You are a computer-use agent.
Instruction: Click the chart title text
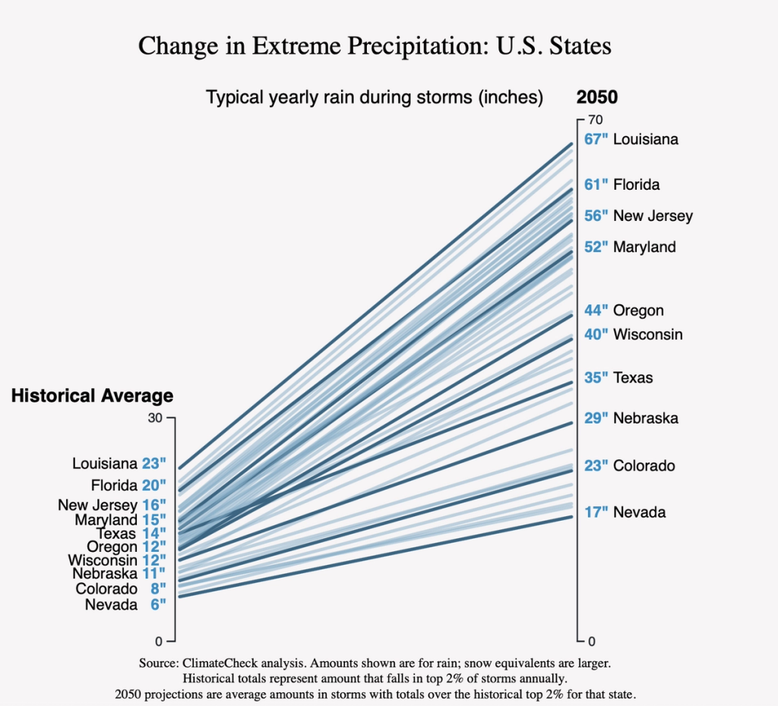tap(375, 46)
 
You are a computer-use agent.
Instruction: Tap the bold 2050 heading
tap(597, 97)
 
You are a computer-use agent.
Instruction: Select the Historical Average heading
tap(92, 396)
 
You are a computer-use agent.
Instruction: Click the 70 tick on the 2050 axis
tap(595, 119)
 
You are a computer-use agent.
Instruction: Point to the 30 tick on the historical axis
tap(156, 418)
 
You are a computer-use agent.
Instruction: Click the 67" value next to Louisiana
tap(596, 140)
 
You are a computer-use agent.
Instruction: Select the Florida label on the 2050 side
tap(637, 184)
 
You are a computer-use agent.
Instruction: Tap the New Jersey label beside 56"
tap(653, 216)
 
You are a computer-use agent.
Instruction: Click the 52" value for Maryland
tap(596, 247)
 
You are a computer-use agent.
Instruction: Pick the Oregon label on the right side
tap(638, 310)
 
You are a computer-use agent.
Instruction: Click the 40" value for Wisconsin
tap(596, 334)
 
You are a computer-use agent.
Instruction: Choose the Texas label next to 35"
tap(633, 377)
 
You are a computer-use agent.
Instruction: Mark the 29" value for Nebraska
tap(596, 418)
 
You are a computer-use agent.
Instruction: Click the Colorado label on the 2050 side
tap(644, 465)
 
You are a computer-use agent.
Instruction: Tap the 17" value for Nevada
tap(596, 512)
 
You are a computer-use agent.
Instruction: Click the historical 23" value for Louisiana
tap(153, 463)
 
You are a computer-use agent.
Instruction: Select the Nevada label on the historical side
tap(111, 605)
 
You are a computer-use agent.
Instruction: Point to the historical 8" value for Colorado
tap(157, 589)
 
